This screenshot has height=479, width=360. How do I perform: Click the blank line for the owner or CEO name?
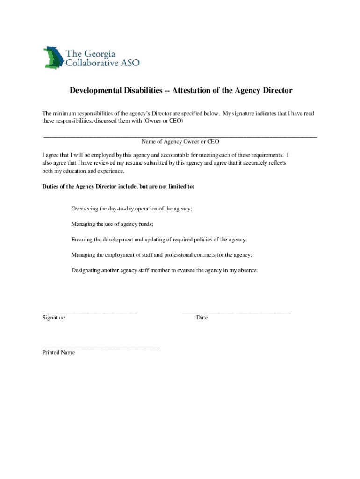pos(180,135)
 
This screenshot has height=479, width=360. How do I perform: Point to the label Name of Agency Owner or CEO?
pos(180,141)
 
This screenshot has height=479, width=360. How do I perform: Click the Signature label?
pos(54,318)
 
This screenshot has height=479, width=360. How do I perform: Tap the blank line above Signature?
pos(89,311)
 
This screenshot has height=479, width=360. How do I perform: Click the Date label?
pos(202,318)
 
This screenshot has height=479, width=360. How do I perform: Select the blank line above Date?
pos(236,311)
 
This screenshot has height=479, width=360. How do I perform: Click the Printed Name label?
pos(58,352)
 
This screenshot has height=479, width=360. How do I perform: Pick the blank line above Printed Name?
pos(101,347)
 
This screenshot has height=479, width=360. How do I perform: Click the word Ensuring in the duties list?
pos(82,239)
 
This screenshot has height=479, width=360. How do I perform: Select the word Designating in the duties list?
pos(85,270)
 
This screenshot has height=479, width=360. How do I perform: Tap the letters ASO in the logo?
pos(130,63)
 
